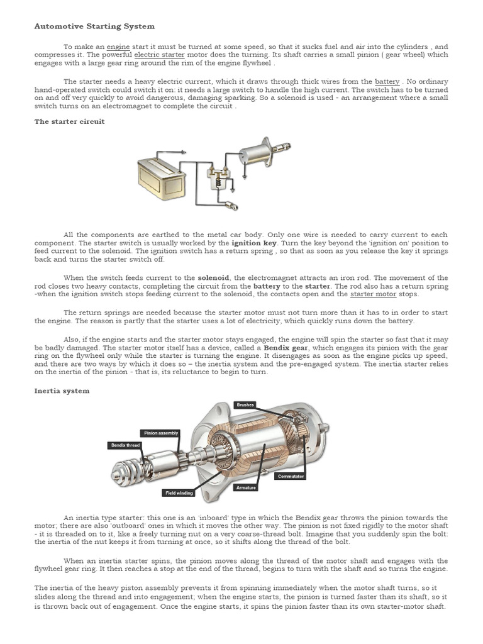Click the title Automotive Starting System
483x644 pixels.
tap(94, 26)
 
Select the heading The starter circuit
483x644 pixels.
tap(69, 121)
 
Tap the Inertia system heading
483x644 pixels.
tap(62, 391)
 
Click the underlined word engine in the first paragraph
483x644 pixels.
tap(118, 47)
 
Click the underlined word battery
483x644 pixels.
tap(387, 82)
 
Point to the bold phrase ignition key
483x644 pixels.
tap(254, 243)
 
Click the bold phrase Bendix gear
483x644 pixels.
tap(286, 347)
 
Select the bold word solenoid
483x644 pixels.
tap(214, 277)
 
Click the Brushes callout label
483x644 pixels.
tap(245, 405)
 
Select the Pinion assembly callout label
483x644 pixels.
tap(160, 433)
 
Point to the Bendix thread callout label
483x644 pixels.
tap(126, 445)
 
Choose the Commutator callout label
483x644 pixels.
tap(291, 476)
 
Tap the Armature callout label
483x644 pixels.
tap(245, 487)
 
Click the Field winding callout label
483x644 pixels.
tap(179, 493)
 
